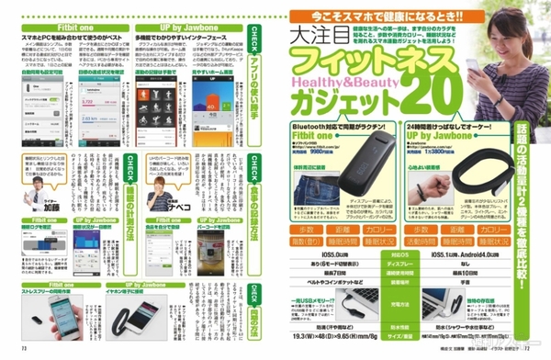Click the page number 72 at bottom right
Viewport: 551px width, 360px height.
click(x=535, y=352)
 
